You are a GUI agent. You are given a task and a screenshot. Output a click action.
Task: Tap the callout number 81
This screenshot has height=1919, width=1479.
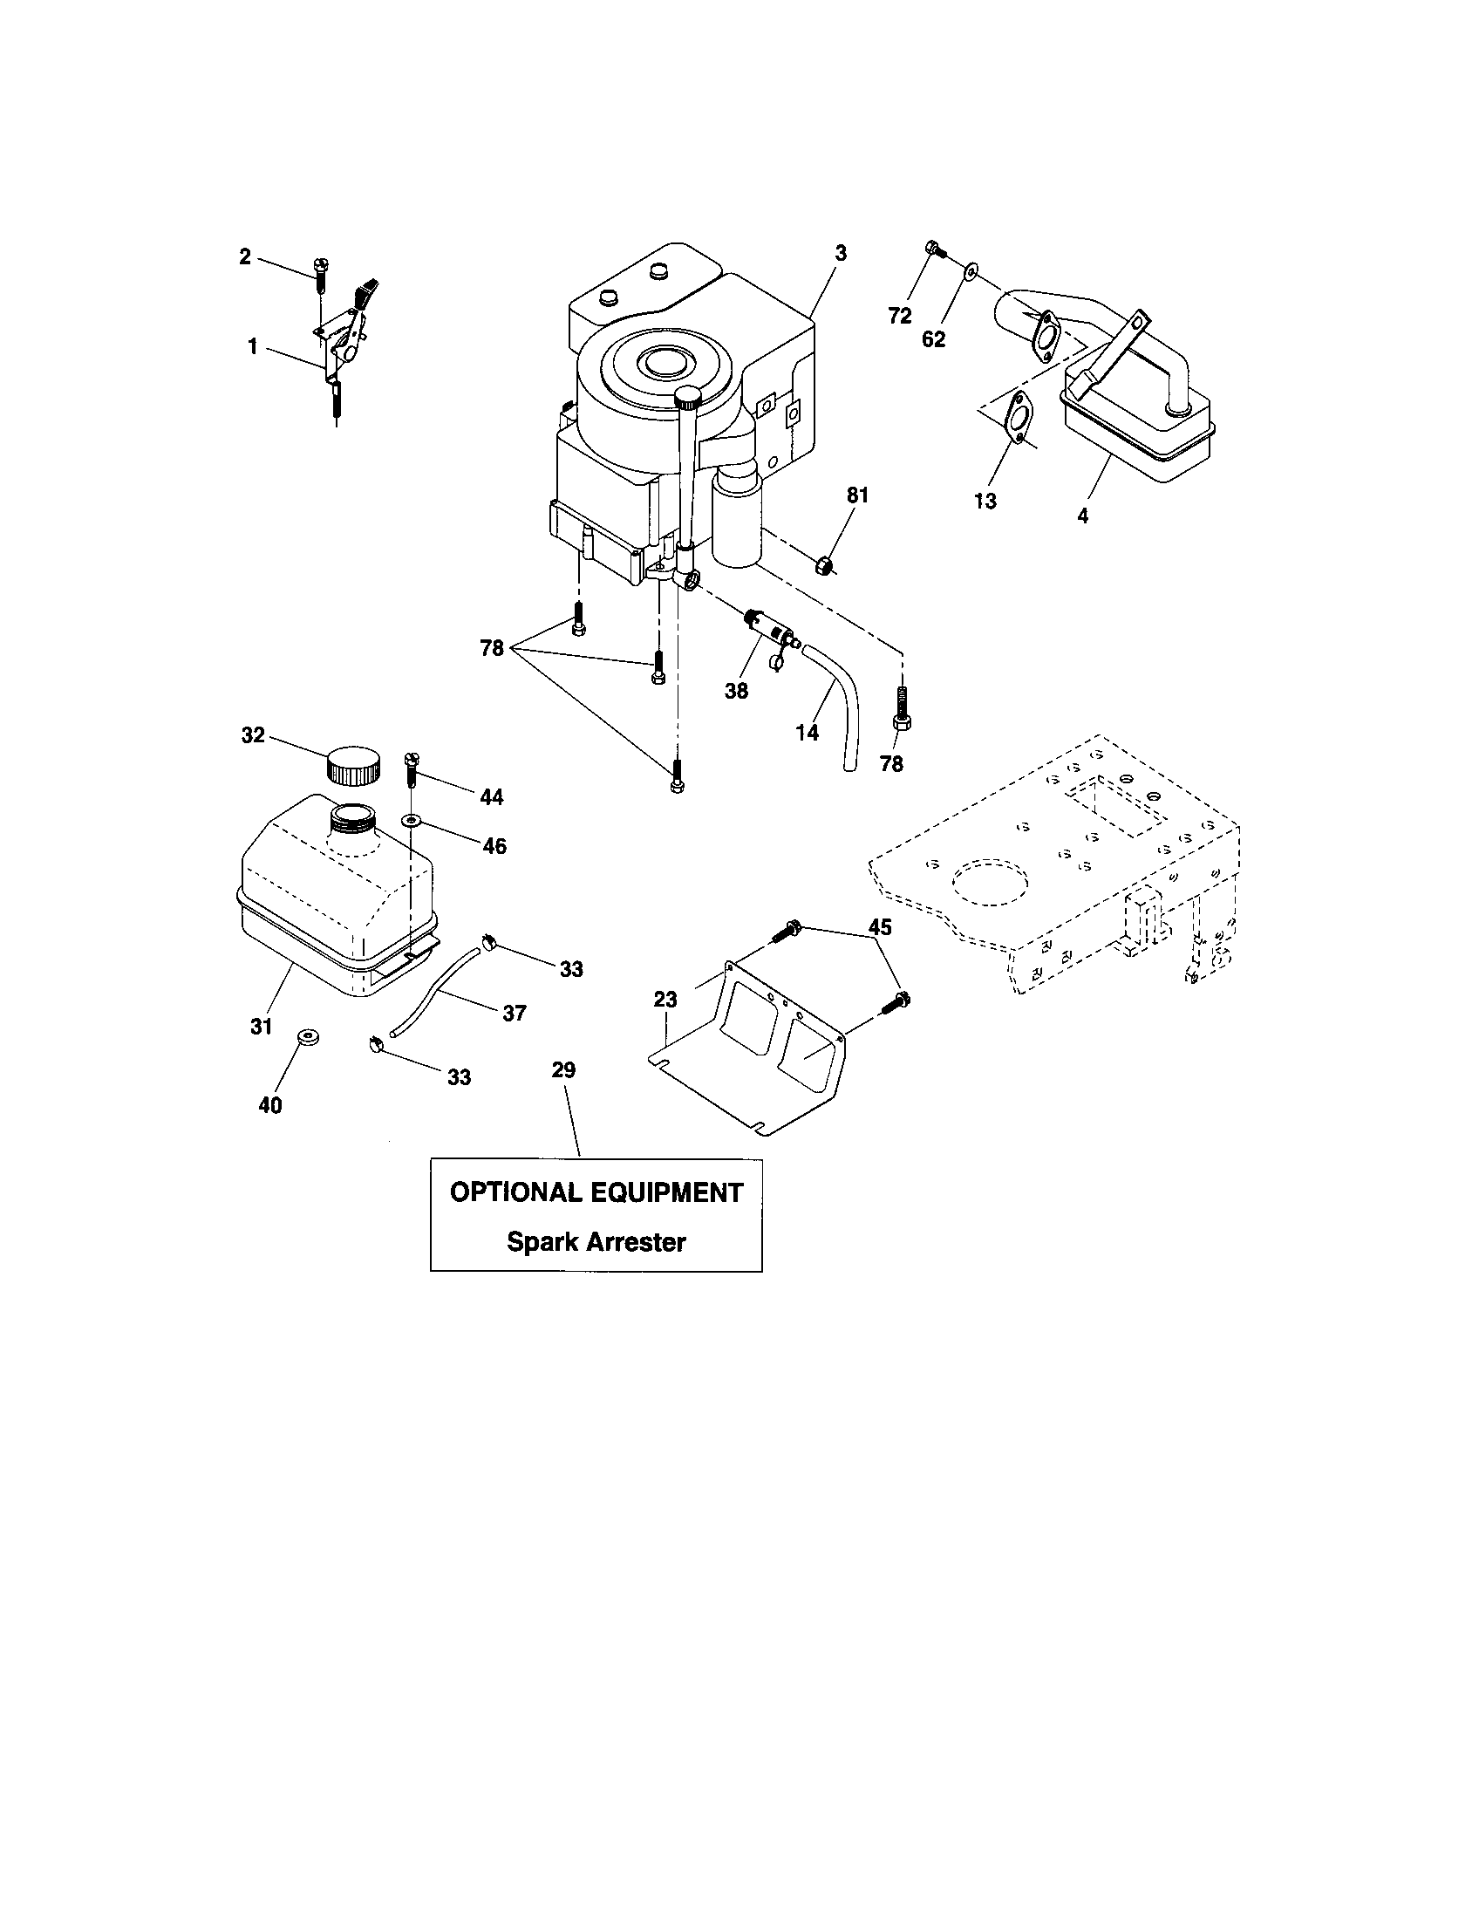point(857,495)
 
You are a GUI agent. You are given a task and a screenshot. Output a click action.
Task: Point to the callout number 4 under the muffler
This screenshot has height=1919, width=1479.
point(1082,516)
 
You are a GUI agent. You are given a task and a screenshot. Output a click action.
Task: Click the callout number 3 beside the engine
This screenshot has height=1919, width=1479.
point(841,254)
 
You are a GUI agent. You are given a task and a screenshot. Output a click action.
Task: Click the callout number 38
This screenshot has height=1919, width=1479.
point(736,692)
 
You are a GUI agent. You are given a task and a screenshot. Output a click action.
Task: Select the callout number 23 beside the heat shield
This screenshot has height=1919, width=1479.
point(665,999)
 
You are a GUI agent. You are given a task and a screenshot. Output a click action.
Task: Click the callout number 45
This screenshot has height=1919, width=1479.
point(880,927)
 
